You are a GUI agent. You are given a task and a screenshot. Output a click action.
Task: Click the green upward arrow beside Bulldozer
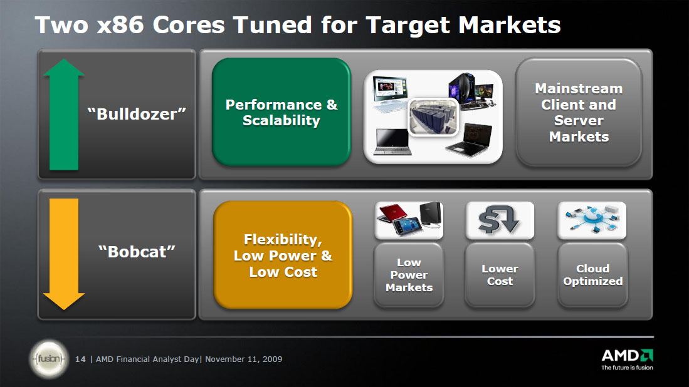[x=64, y=115]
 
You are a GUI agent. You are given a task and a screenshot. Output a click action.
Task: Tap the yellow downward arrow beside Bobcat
[x=64, y=254]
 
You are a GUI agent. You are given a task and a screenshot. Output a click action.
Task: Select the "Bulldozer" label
[x=137, y=114]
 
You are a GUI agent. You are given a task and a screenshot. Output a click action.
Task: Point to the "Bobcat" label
[x=137, y=252]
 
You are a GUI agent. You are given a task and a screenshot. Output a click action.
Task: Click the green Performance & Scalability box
[x=281, y=112]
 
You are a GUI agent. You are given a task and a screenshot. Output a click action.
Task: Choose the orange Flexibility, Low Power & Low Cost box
[x=283, y=255]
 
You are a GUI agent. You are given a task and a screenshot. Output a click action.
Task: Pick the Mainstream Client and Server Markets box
[x=579, y=112]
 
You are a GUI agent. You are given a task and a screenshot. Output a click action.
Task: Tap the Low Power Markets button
[x=409, y=275]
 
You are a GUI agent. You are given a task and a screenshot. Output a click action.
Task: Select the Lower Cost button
[x=500, y=275]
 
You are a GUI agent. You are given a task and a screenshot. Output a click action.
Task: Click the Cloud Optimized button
[x=592, y=275]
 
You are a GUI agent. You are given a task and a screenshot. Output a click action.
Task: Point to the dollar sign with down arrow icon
[x=500, y=220]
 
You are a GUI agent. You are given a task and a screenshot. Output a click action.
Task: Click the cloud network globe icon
[x=592, y=219]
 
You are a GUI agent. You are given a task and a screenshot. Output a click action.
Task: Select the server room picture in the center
[x=433, y=116]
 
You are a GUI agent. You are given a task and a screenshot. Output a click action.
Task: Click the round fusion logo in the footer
[x=49, y=359]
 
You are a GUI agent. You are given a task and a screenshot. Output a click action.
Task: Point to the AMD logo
[x=627, y=356]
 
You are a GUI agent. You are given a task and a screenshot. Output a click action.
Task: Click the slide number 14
[x=80, y=359]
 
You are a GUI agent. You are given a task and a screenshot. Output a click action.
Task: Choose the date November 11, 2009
[x=243, y=359]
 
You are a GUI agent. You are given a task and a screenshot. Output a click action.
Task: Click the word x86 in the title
[x=120, y=24]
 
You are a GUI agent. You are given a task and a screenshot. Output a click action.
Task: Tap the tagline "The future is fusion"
[x=627, y=368]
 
